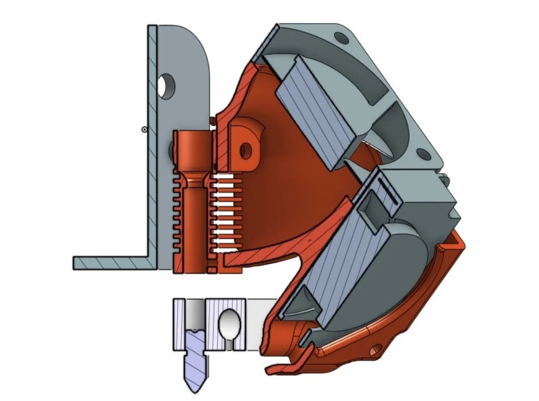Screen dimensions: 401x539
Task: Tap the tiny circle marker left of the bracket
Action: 144,129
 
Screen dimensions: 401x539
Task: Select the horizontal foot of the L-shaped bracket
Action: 111,262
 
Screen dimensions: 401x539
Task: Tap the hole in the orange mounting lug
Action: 245,151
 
